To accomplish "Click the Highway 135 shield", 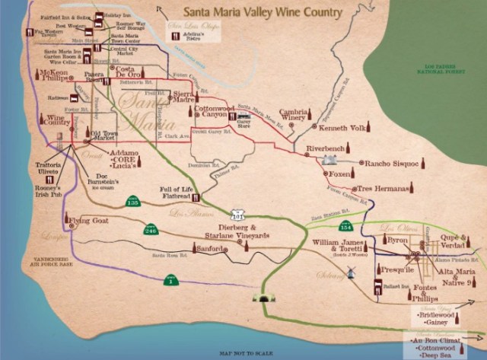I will coord(132,202).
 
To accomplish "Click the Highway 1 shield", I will coord(171,281).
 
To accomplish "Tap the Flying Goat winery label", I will coord(89,221).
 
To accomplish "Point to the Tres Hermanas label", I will coord(383,187).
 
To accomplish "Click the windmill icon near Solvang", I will coord(351,273).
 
